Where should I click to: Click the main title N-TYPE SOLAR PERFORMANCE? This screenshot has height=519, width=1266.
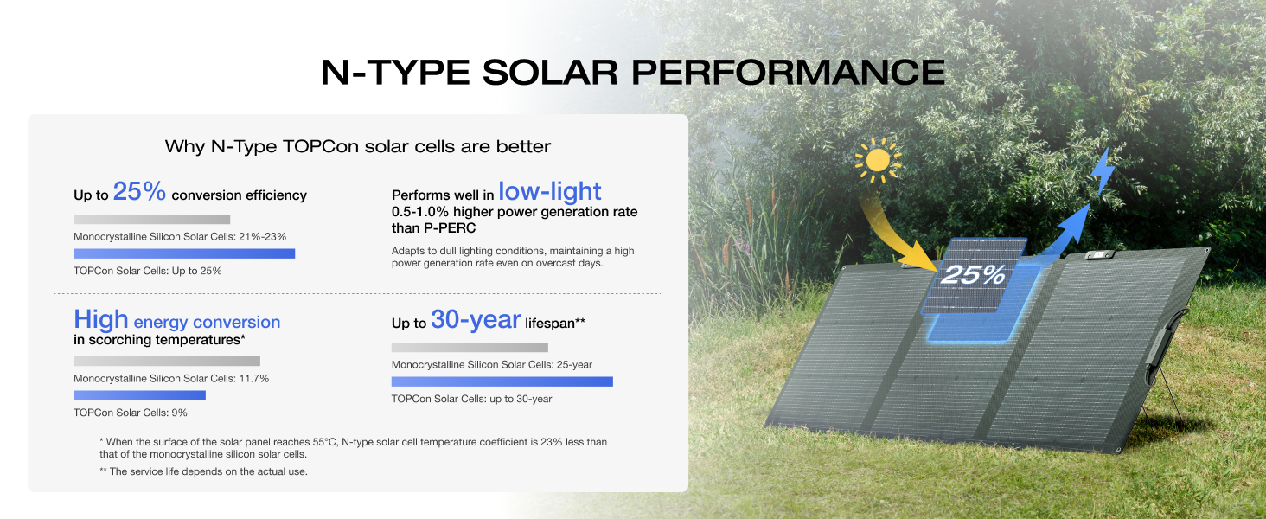[632, 72]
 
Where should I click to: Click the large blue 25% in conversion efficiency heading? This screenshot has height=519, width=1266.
[139, 192]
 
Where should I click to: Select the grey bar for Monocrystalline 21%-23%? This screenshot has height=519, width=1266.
[151, 220]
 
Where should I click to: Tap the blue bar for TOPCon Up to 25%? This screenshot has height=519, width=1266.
[184, 253]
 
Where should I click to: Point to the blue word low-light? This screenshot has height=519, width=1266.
[549, 191]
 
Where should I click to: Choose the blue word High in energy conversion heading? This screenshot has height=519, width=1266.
[100, 320]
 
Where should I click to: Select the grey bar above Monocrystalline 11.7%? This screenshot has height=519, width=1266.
[166, 362]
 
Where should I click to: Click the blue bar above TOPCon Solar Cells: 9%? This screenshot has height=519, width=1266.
[139, 395]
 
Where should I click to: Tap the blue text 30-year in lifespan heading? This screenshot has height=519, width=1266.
[476, 321]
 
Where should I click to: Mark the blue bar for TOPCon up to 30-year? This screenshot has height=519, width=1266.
[502, 381]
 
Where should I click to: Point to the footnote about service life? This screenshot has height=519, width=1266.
[203, 471]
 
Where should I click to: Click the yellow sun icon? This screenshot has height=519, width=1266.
[878, 161]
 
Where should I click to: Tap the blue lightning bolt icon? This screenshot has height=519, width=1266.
[1102, 171]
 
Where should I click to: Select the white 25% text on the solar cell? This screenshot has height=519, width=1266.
[973, 275]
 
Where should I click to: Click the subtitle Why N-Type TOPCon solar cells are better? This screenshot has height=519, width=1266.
[357, 146]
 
